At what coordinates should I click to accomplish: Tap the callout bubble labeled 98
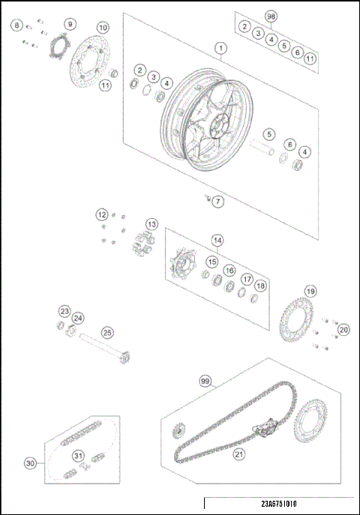271,15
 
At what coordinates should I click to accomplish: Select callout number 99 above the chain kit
205,381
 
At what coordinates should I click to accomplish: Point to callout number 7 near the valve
217,202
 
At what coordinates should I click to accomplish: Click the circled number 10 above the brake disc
103,28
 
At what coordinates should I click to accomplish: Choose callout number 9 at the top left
70,24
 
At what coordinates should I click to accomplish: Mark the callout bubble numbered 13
151,223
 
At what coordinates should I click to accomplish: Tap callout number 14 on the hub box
217,241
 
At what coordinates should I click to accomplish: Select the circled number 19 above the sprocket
309,291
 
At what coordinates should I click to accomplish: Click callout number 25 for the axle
107,331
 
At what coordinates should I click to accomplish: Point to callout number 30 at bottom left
30,463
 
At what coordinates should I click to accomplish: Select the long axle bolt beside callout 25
101,349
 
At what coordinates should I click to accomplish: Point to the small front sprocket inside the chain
179,433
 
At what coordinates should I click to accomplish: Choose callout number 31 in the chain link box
77,456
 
